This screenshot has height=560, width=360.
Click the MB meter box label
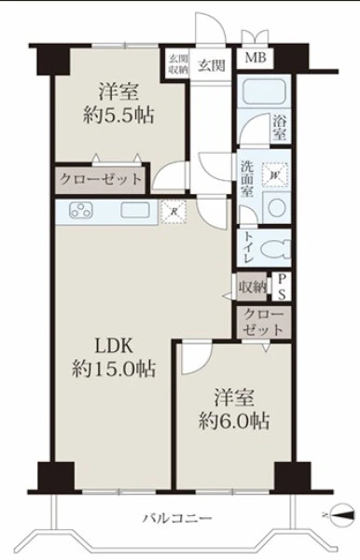pos(256,57)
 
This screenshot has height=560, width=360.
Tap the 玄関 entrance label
pos(212,65)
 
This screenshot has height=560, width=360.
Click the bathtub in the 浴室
pos(262,92)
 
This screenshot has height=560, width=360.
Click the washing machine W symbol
pos(275,175)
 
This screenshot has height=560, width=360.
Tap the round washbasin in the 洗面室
pos(277,208)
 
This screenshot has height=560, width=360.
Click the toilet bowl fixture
pos(276,248)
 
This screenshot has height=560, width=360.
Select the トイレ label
pos(248,247)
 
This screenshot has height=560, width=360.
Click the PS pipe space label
pos(282,287)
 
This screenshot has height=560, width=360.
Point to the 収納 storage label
pos(253,287)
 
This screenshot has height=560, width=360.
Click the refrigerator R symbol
pos(173,212)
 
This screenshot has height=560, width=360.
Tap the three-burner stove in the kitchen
pos(81,210)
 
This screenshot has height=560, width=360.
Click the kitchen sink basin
pos(135,210)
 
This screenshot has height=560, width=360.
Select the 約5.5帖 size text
pos(118,116)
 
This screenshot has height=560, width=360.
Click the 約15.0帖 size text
pos(114,369)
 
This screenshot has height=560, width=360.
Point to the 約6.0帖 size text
pos(234,421)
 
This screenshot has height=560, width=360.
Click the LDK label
pos(114,345)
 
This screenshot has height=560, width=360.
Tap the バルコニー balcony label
pos(177,518)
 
